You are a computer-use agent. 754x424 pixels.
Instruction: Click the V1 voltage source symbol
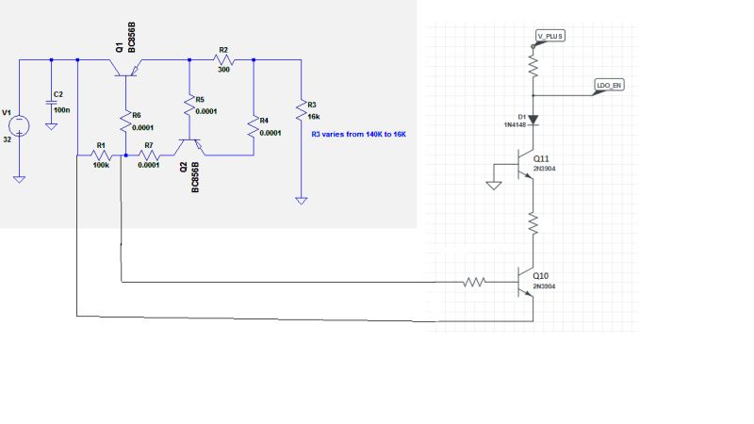tap(20, 123)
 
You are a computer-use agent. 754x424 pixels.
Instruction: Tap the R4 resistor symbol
tap(254, 125)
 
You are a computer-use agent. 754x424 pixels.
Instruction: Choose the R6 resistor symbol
tap(124, 120)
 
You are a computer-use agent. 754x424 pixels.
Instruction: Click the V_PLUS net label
tap(549, 36)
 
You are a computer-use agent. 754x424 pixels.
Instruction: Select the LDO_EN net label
tap(609, 85)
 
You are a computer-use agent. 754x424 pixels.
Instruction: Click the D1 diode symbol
tap(533, 121)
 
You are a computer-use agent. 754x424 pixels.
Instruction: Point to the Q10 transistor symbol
tap(526, 281)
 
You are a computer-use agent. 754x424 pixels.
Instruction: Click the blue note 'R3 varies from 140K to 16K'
tap(359, 135)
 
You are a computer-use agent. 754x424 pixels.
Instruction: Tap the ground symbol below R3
tap(300, 199)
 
